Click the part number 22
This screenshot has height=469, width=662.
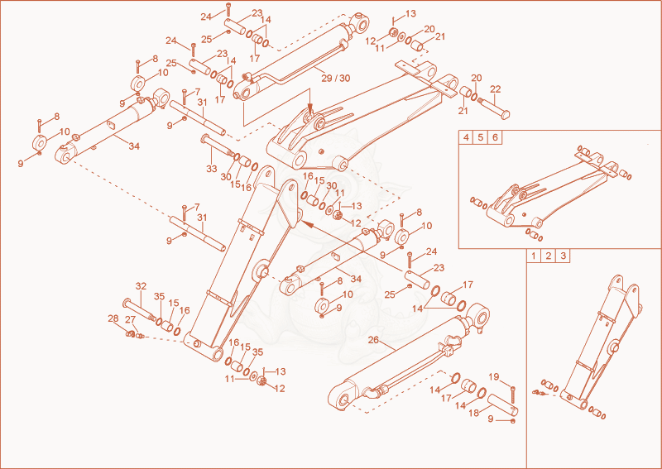point(495,89)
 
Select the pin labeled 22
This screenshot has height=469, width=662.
point(494,107)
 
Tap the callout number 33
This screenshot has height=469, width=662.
point(212,169)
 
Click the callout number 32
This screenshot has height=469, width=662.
point(141,286)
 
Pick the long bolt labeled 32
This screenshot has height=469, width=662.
point(139,310)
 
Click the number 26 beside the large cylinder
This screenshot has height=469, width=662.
point(373,340)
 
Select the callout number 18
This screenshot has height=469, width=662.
point(474,413)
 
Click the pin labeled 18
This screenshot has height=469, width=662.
point(503,404)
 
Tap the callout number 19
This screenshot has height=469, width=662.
point(493,376)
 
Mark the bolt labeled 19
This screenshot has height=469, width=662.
point(512,395)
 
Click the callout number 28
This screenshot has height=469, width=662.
point(113,318)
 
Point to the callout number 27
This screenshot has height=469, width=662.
point(130,319)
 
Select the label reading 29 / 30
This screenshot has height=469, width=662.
point(336,78)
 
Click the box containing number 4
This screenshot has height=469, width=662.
point(466,137)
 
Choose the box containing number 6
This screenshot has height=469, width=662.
point(495,137)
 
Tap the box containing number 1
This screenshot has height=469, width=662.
point(534,256)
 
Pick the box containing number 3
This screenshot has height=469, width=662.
point(563,256)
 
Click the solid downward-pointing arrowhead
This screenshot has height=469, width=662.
point(310,109)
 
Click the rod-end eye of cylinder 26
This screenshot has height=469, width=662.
point(480,315)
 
